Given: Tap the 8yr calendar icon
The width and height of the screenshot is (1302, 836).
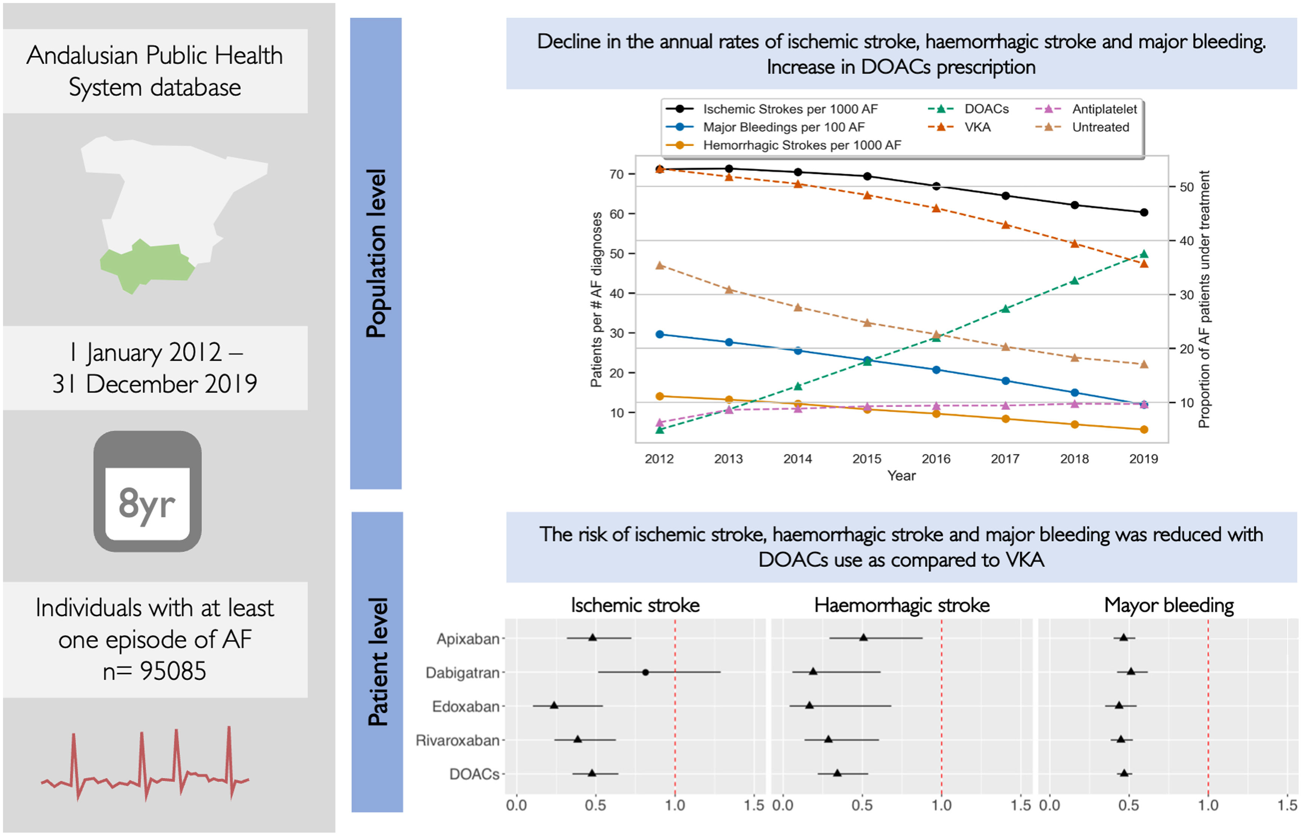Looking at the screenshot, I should coord(148,491).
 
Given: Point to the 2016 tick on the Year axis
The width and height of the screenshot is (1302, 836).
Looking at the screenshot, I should coord(936,459).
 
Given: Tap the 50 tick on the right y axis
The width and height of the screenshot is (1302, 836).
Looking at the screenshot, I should coord(1186,187).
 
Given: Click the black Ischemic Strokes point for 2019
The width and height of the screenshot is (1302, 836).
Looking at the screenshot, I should coord(1143,212).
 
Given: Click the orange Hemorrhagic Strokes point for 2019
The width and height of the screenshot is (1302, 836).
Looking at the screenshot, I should coord(1143,429).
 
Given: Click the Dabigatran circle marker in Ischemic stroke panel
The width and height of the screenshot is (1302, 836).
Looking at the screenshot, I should coord(645,672).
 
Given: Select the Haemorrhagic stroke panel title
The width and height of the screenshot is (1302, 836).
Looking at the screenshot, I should coord(901,605).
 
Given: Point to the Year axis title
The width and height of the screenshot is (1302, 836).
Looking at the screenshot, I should coord(901,476).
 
